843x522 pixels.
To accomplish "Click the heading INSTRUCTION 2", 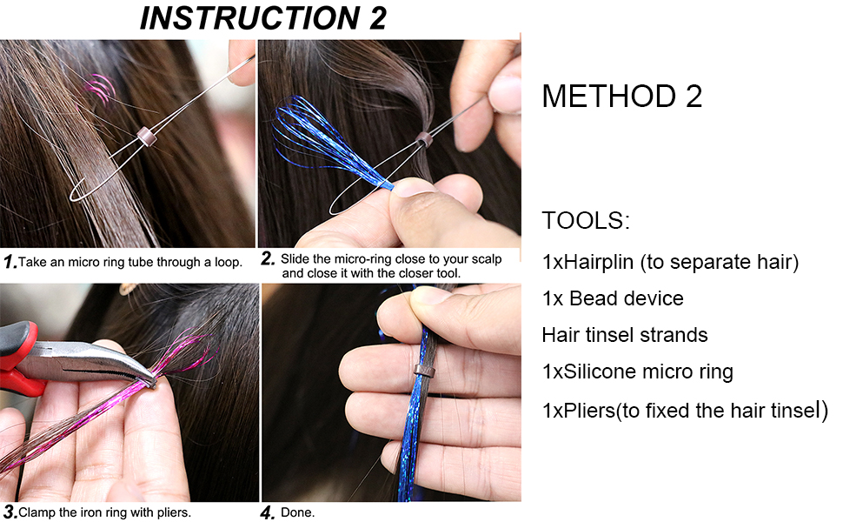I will click(263, 18).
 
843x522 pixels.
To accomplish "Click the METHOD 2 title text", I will click(621, 97).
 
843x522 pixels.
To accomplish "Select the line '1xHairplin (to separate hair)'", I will click(670, 262).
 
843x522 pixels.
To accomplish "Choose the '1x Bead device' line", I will click(613, 298).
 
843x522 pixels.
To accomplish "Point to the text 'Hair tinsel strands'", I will click(624, 335).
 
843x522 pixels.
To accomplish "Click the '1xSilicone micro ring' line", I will click(637, 371).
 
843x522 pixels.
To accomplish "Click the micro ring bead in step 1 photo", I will click(145, 136).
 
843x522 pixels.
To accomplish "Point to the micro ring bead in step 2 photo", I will click(423, 139).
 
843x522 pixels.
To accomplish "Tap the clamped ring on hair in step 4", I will click(425, 371).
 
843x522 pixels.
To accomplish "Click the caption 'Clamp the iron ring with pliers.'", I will click(104, 512).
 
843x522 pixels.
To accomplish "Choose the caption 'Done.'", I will click(297, 512).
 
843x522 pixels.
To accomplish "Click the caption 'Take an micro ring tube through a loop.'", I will click(130, 262).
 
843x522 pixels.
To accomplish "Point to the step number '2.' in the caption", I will click(268, 258).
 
